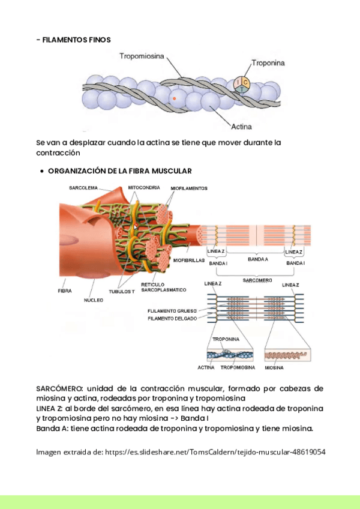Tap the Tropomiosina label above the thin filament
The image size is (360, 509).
click(142, 56)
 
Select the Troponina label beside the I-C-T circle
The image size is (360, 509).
click(268, 62)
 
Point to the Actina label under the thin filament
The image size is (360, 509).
click(241, 127)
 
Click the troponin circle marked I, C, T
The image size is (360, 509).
click(242, 85)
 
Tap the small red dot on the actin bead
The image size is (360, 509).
click(174, 98)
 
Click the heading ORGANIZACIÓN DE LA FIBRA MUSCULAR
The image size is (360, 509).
click(120, 171)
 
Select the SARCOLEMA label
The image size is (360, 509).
click(83, 188)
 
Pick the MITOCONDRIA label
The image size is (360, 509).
click(144, 188)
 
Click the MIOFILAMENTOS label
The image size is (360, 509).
click(189, 188)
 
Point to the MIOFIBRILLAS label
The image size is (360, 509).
click(189, 261)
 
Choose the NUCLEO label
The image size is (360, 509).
click(94, 299)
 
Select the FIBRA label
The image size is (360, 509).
click(65, 291)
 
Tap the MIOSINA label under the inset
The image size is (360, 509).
click(274, 367)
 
